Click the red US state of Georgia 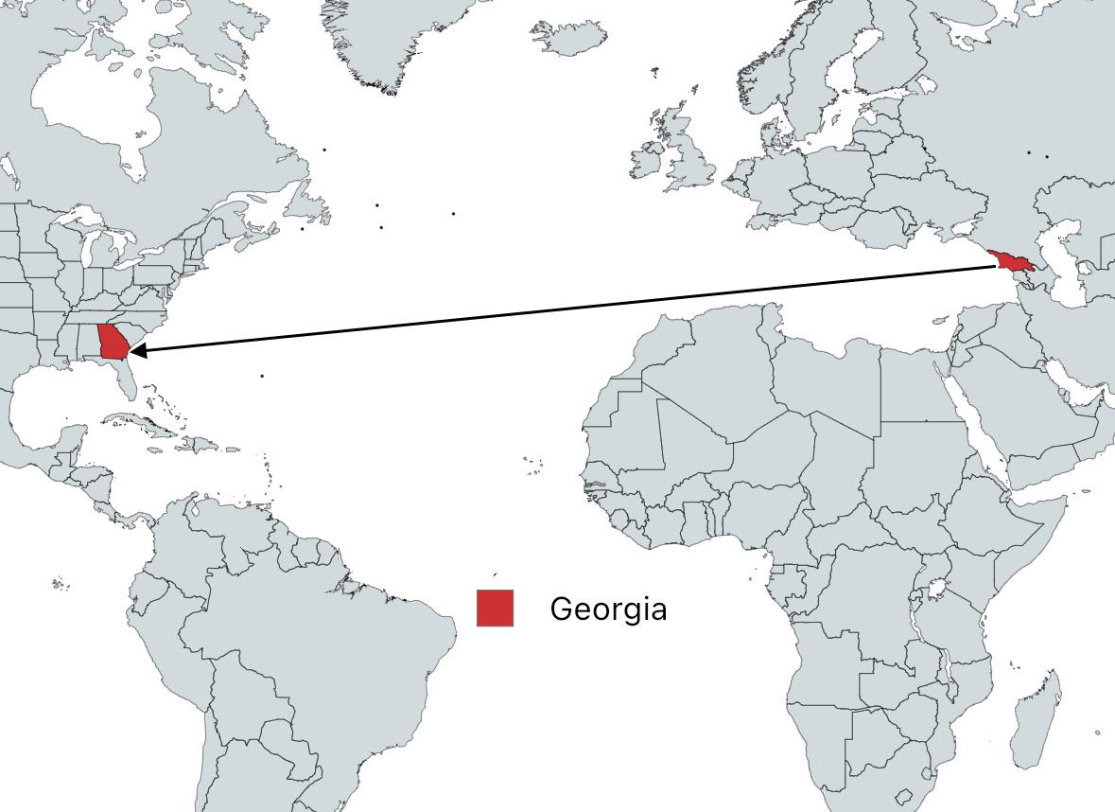click(x=112, y=344)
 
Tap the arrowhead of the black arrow click(x=134, y=351)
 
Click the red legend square click(x=495, y=608)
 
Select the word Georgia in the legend click(x=608, y=609)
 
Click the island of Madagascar click(x=1036, y=715)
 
